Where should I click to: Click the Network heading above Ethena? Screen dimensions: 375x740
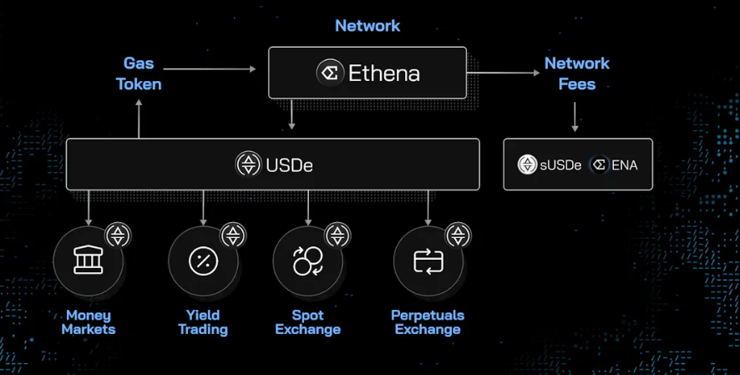click(367, 26)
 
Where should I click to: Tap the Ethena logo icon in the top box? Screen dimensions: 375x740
click(331, 73)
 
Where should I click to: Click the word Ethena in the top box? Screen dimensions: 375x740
click(383, 73)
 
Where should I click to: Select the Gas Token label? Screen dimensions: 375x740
click(139, 73)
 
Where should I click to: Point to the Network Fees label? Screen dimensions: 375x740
click(576, 73)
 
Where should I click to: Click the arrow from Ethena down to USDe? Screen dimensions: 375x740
click(291, 114)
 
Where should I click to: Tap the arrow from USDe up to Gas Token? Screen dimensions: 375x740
click(139, 117)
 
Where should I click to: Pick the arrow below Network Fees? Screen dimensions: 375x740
click(575, 116)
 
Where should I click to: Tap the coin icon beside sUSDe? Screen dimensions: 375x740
click(527, 165)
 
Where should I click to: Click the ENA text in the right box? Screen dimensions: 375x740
click(624, 165)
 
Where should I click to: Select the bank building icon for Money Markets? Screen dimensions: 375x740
click(88, 261)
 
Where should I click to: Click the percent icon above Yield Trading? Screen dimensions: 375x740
click(203, 261)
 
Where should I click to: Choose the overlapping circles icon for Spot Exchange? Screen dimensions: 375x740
click(307, 261)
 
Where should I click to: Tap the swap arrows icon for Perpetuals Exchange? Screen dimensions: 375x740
click(428, 261)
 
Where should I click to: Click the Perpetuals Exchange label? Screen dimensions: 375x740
click(428, 322)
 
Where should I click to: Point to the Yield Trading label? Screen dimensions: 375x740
click(203, 322)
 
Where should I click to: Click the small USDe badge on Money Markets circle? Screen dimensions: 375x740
click(118, 235)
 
